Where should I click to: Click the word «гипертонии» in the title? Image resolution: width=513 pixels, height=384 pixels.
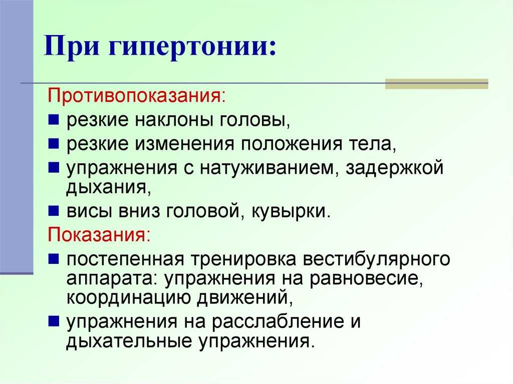click(x=192, y=47)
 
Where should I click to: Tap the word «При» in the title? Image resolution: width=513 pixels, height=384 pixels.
click(x=72, y=46)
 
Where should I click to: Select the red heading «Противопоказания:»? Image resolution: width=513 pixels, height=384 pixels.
click(x=137, y=96)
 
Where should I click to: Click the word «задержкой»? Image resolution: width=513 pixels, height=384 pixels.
click(x=394, y=168)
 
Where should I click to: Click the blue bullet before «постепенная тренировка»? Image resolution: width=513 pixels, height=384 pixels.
click(x=53, y=259)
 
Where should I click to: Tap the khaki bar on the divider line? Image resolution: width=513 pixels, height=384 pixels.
click(x=436, y=84)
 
